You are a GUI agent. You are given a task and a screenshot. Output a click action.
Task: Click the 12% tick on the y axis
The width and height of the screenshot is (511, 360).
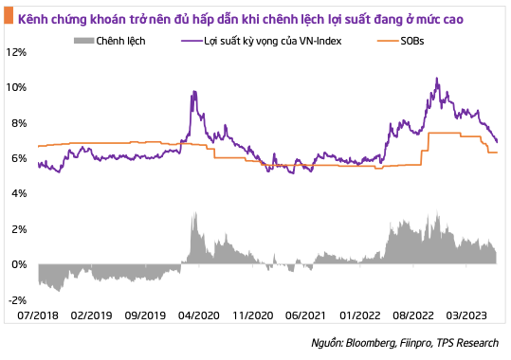17,52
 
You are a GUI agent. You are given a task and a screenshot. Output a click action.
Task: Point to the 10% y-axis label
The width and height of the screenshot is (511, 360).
17,87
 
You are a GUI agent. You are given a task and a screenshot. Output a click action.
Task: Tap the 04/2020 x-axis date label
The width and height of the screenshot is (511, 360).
201,313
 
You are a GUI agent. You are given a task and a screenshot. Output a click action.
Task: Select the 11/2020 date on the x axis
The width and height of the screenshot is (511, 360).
254,313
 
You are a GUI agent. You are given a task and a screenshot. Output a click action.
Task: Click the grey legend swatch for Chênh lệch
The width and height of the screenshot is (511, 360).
85,43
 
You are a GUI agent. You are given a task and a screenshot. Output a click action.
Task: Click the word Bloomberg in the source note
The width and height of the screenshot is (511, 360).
375,343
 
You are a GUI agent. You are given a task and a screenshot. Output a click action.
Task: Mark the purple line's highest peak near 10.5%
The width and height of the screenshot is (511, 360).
436,79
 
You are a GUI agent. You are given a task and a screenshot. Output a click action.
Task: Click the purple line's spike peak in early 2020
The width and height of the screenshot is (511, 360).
193,92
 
